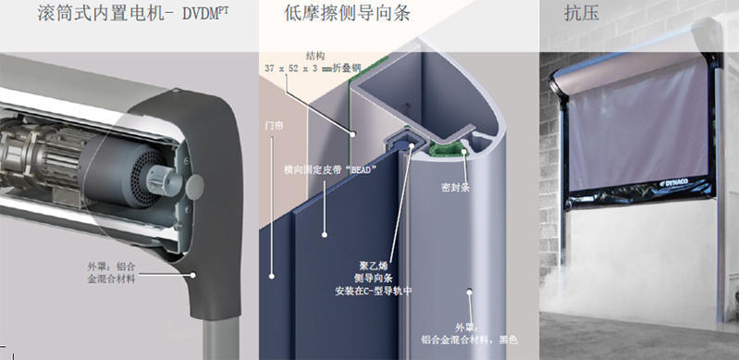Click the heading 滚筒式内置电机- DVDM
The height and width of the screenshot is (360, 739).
pos(133,13)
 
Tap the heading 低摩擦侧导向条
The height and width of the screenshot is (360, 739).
pos(347,13)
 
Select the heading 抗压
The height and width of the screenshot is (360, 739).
pos(582,13)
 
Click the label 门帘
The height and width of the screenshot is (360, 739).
pos(274,127)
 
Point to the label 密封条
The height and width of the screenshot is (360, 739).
pos(455,187)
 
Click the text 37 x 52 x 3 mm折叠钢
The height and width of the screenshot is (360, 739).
pos(313,68)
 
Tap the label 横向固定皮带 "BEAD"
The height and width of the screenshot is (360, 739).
pos(330,169)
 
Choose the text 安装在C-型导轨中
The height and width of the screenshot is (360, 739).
pos(374,292)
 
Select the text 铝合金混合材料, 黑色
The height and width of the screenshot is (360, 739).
pos(469,340)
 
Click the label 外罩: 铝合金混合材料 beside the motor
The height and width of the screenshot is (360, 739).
pos(111,272)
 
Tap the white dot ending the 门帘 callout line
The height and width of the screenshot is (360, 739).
pos(272,276)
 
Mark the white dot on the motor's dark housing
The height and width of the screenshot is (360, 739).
pos(192,275)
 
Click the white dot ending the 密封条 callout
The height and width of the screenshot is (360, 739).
pos(464,152)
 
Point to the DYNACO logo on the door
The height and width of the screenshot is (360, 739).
pos(677,182)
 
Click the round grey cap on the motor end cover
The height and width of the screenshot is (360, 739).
pos(194,186)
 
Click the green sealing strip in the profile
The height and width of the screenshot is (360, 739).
pos(446,151)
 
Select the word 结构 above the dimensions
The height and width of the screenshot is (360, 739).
pos(314,56)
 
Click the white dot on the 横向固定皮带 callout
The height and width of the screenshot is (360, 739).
pos(325,234)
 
